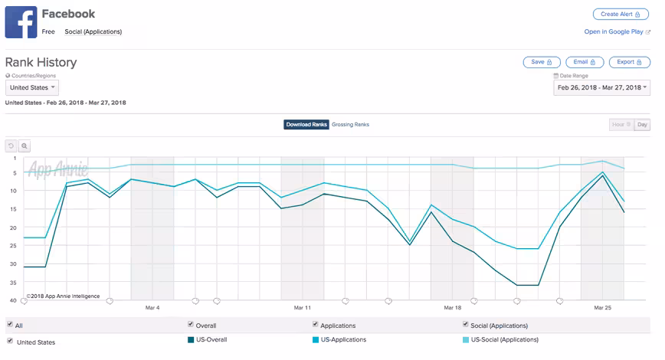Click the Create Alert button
(x=621, y=14)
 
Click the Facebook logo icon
(x=21, y=22)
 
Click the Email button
(x=584, y=62)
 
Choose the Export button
(x=630, y=62)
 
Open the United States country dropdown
(x=32, y=88)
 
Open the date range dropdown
(x=601, y=88)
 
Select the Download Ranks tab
(x=306, y=125)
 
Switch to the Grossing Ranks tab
(x=350, y=125)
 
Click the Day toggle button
(x=642, y=125)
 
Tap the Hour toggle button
(x=621, y=125)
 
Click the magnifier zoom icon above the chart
(x=25, y=146)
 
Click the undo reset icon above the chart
(x=11, y=146)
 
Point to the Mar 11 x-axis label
(x=303, y=307)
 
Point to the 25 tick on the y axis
(x=13, y=246)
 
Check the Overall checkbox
(x=191, y=324)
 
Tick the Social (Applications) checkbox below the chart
(x=465, y=324)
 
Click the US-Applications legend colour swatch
(x=316, y=339)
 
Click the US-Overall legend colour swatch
(x=191, y=339)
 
